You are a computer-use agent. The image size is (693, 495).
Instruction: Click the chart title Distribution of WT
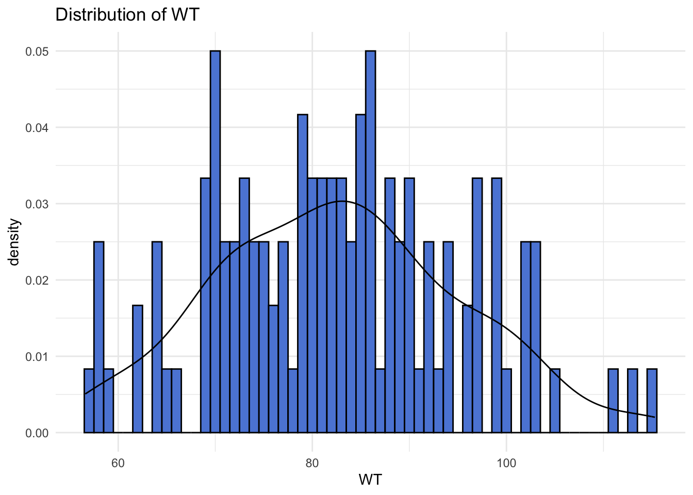[x=127, y=14]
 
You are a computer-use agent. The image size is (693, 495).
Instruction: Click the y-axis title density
[x=14, y=242]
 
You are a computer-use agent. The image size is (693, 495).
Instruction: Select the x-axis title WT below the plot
[x=370, y=480]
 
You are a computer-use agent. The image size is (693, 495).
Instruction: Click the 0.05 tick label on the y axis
[x=37, y=51]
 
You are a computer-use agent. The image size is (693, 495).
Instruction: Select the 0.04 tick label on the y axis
[x=37, y=127]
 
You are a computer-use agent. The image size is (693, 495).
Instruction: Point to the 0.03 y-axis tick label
[x=37, y=204]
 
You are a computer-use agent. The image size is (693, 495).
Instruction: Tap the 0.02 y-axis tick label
[x=37, y=280]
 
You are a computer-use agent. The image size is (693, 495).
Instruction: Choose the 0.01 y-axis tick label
[x=37, y=356]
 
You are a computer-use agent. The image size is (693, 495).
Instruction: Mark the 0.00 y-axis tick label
[x=37, y=433]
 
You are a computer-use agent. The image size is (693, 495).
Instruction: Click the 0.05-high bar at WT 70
[x=215, y=242]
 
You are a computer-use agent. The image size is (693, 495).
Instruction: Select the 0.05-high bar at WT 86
[x=370, y=242]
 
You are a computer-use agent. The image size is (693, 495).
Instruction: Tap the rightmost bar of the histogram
[x=652, y=401]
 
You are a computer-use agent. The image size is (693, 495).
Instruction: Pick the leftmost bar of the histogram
[x=89, y=401]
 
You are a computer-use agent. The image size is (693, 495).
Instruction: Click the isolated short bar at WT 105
[x=555, y=401]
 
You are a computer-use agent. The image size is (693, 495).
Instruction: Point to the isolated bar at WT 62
[x=137, y=369]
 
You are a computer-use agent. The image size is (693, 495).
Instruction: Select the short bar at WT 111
[x=613, y=401]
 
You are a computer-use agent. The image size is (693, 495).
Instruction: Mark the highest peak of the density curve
[x=342, y=201]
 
